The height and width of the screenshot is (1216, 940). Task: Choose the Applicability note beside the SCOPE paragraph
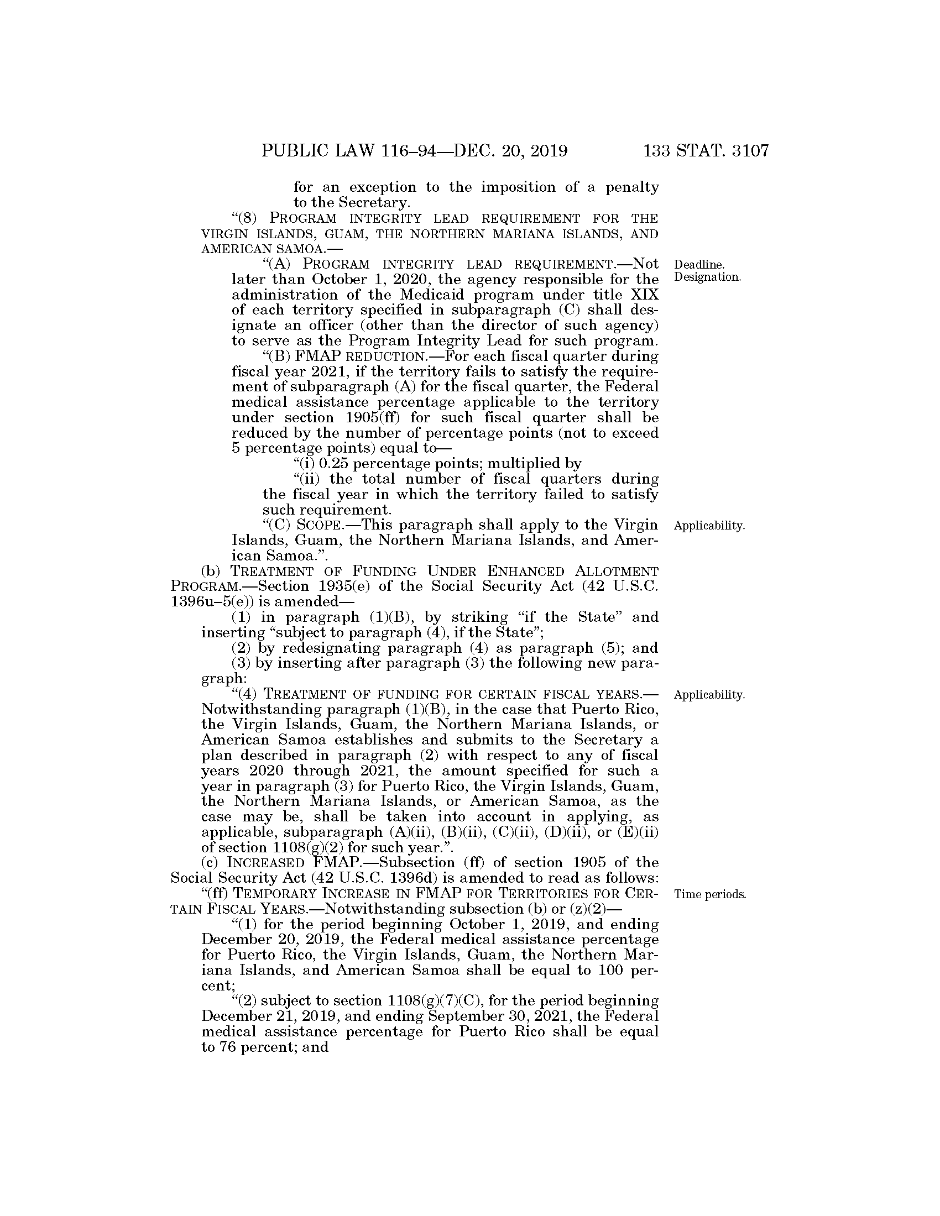(x=709, y=526)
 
